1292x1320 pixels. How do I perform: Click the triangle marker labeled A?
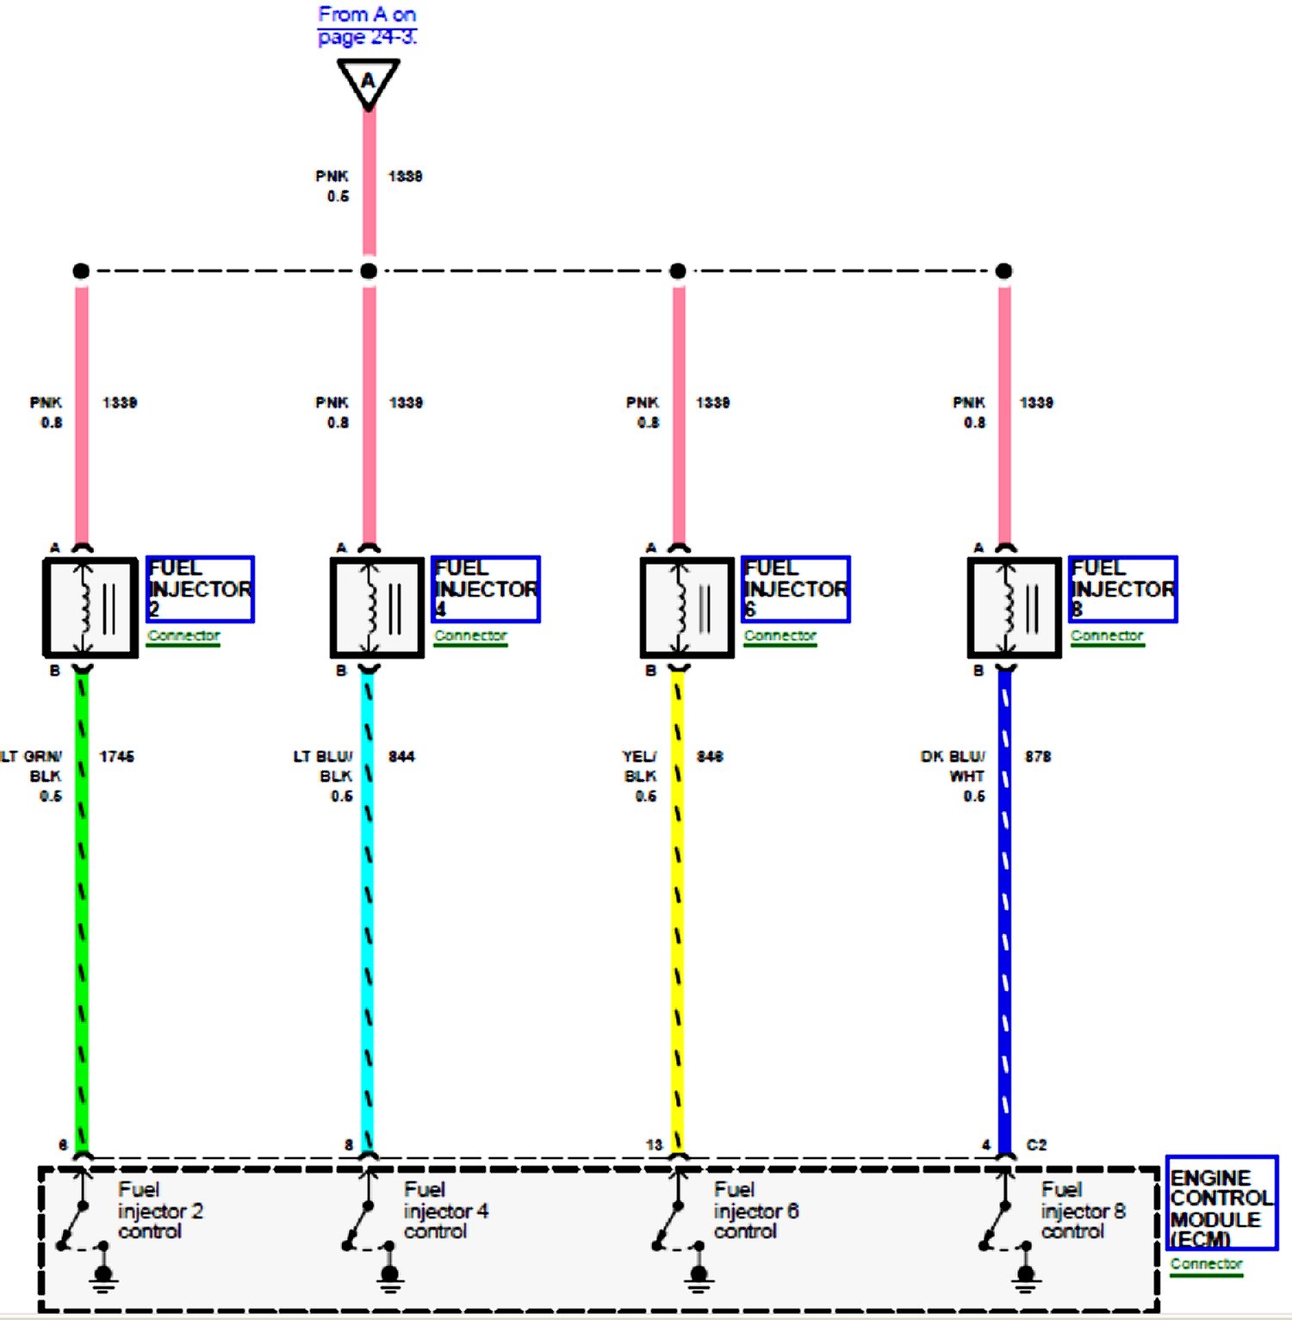coord(368,81)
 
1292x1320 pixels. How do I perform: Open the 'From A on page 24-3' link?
coord(367,26)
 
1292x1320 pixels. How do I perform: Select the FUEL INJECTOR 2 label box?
coord(200,589)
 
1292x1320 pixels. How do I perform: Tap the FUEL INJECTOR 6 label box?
coord(795,589)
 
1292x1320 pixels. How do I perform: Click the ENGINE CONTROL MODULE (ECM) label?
coord(1221,1204)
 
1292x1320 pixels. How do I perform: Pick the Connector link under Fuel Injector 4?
coord(470,635)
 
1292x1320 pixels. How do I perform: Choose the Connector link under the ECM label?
coord(1206,1264)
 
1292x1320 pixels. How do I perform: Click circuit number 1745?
coord(116,756)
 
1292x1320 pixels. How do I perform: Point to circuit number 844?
coord(401,756)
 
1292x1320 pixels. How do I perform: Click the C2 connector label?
coord(1036,1144)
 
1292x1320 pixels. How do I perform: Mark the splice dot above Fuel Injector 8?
coord(1003,271)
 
